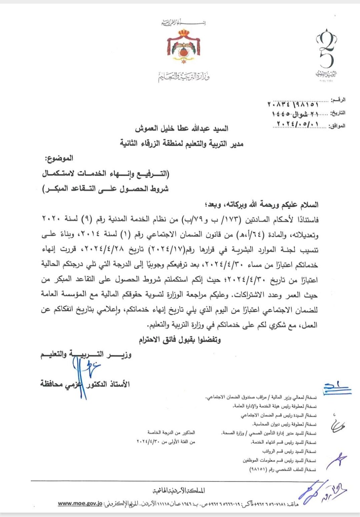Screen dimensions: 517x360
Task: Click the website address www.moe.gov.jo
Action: coord(80,504)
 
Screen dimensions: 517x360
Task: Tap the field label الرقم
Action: coord(338,100)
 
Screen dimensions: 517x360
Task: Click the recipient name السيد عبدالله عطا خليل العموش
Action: coord(182,129)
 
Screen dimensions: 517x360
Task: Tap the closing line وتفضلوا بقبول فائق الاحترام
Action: coord(180,340)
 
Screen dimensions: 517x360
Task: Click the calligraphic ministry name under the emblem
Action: coord(184,77)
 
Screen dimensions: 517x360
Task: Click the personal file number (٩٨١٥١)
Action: coord(257,469)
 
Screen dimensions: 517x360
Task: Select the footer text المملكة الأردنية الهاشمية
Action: coord(179,491)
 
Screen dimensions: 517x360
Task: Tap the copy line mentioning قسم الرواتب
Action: coord(289,451)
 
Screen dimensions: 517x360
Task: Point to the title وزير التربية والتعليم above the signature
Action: coord(86,354)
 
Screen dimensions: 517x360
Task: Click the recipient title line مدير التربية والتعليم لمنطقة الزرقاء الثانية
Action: coord(182,144)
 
